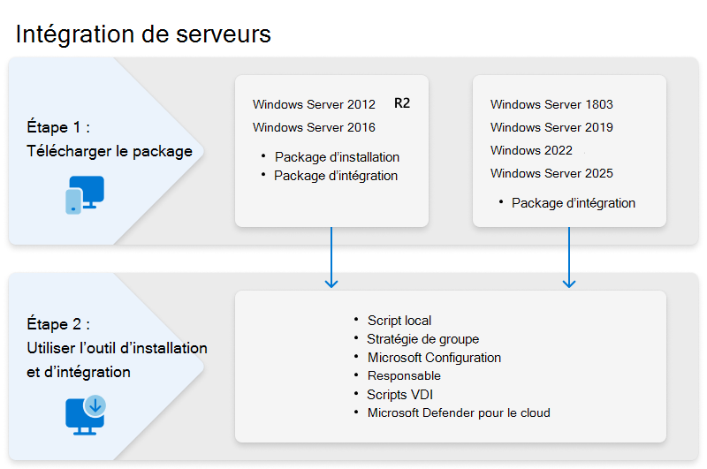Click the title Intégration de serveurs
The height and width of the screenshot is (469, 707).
(x=143, y=34)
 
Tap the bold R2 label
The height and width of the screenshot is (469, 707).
(x=402, y=103)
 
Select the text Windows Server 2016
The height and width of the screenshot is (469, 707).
(x=314, y=127)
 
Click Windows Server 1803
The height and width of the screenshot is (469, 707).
(x=551, y=104)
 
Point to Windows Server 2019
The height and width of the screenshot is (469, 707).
(x=551, y=127)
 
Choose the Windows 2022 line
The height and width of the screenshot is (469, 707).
(x=531, y=150)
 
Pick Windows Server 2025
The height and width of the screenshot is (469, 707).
(x=551, y=173)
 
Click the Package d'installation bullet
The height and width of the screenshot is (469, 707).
(x=337, y=157)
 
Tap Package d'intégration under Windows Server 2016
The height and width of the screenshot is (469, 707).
(x=336, y=176)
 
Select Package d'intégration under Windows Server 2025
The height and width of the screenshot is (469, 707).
(x=573, y=203)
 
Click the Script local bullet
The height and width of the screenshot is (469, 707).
(x=399, y=321)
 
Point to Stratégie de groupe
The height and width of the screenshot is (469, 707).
(x=422, y=339)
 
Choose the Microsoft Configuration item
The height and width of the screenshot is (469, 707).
(x=434, y=358)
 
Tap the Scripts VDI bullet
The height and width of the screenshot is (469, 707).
(x=399, y=395)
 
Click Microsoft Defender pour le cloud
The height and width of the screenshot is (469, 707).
(x=459, y=413)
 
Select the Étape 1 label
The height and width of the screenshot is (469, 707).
(x=58, y=127)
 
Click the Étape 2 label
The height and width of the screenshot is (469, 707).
(x=58, y=324)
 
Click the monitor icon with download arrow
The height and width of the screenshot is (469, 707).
(x=86, y=414)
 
